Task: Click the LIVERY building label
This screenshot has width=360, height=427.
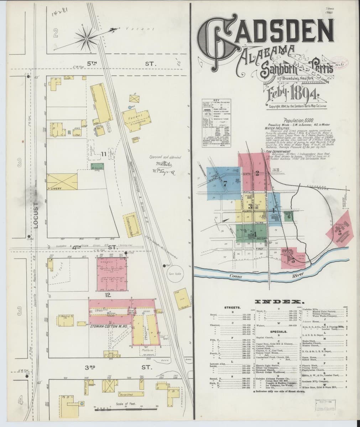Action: click(x=56, y=188)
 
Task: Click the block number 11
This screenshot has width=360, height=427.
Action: click(x=103, y=154)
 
